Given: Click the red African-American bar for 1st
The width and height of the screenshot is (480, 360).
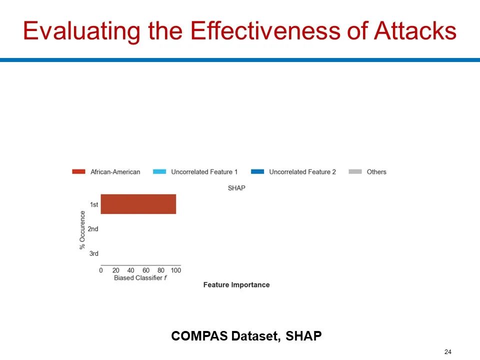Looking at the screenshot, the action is point(138,204).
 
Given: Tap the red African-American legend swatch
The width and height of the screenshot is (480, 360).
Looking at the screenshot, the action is point(78,171).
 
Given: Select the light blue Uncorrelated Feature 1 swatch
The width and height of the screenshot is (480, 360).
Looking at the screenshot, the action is point(159,171).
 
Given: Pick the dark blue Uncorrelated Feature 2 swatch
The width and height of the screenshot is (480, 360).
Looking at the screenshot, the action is point(257,171).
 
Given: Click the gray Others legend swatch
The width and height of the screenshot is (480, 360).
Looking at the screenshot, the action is point(355,171).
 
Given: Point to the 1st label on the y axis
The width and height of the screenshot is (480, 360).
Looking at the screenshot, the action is point(94,204).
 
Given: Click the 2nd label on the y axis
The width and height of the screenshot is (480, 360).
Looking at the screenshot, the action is point(93,229).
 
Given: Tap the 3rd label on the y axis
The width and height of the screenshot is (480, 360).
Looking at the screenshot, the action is point(93,253).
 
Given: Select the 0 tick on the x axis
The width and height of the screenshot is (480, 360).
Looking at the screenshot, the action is point(101,270).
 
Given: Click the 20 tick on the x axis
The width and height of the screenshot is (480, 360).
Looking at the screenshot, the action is point(115,270).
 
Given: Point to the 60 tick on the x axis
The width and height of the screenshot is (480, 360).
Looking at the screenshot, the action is point(146,270).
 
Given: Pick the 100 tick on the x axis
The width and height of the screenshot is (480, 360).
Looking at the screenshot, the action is point(176,270).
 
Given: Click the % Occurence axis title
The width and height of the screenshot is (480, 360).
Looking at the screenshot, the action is point(82,230).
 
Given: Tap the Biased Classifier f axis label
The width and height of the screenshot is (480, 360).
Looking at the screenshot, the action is point(140,278).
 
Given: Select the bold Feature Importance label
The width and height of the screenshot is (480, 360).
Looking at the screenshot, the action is point(236,285).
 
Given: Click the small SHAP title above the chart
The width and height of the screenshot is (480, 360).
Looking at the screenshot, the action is point(236,188).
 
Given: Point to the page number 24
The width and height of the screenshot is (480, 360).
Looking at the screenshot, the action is point(448,351).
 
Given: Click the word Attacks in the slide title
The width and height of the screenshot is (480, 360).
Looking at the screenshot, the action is point(415,30).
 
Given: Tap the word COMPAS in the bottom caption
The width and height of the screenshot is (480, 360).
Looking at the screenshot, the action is point(199,336).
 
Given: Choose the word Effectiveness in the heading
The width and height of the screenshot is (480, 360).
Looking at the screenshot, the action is point(265,30).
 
